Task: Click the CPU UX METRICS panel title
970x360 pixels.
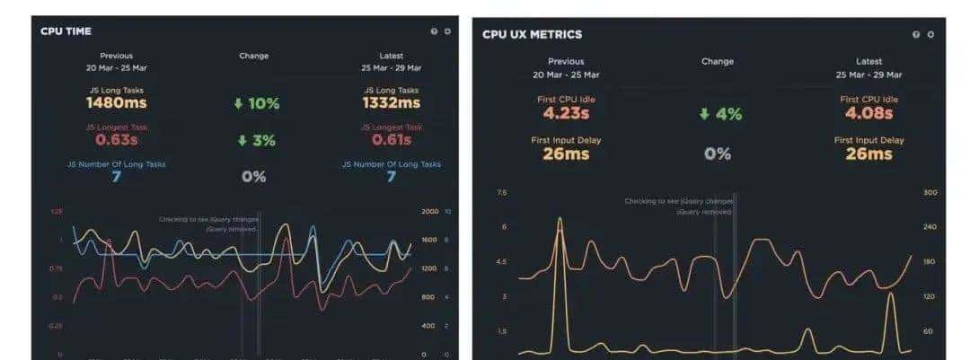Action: tap(532, 34)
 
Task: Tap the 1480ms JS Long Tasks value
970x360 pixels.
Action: tap(116, 103)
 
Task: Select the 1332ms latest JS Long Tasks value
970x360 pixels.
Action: tap(391, 103)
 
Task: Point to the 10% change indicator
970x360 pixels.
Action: tap(256, 104)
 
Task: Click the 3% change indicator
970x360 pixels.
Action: tap(256, 141)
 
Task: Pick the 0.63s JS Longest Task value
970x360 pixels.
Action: tap(116, 140)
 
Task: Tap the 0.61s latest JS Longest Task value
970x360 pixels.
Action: tap(391, 140)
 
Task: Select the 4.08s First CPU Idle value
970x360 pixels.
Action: tap(869, 114)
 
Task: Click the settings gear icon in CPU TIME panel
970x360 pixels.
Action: tap(447, 31)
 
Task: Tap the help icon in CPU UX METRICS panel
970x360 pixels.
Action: tap(916, 34)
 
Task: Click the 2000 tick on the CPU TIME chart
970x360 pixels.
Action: tap(429, 211)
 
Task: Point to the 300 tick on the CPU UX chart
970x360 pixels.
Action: tap(930, 192)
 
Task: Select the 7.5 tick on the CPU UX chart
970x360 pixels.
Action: tap(501, 192)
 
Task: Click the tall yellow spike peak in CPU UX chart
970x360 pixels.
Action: tap(560, 218)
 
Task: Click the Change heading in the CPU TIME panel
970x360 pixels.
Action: tap(253, 56)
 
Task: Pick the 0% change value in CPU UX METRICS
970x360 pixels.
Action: tap(717, 154)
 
